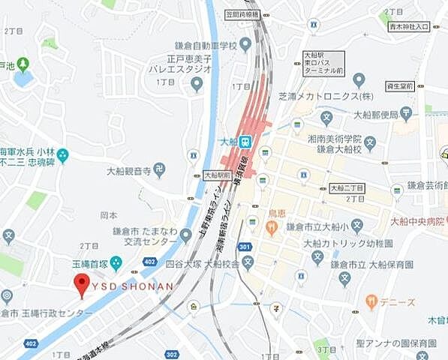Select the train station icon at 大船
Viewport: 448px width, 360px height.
pos(245,141)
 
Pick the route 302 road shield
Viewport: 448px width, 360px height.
pos(172,354)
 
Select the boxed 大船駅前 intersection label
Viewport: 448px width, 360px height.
pos(216,175)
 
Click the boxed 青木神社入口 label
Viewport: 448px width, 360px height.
pos(410,27)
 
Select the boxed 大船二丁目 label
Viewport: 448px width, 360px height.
pos(346,187)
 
